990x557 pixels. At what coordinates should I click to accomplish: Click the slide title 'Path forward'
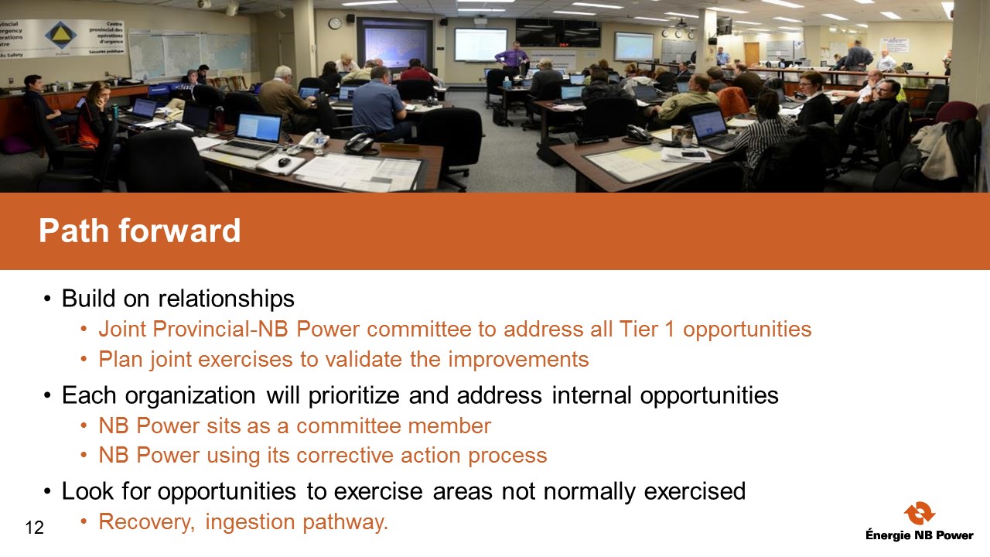(x=140, y=231)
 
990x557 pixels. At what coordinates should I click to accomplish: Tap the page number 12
(x=35, y=528)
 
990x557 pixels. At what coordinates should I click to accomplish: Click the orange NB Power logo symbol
(x=920, y=513)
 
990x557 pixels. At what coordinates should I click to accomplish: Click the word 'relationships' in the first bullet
(x=227, y=299)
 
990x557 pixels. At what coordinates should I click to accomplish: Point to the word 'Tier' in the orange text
(x=638, y=329)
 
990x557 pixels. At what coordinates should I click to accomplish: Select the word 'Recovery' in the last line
(x=146, y=522)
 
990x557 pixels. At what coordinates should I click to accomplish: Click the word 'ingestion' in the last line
(x=250, y=522)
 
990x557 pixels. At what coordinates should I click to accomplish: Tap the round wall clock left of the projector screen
(x=335, y=23)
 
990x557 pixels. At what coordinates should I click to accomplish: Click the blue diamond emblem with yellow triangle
(x=61, y=36)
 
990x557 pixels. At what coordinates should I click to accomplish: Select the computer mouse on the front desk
(x=284, y=162)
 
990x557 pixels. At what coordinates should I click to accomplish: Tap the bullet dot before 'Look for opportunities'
(x=48, y=491)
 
